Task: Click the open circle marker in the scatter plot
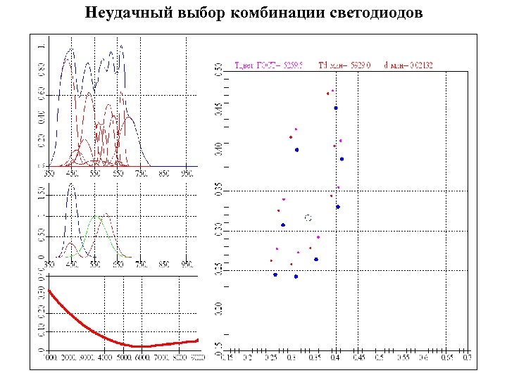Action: point(308,219)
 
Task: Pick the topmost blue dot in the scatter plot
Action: point(336,108)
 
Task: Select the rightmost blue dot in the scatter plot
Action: point(342,159)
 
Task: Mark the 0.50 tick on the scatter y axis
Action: point(218,69)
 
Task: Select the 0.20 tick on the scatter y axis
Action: point(218,308)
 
